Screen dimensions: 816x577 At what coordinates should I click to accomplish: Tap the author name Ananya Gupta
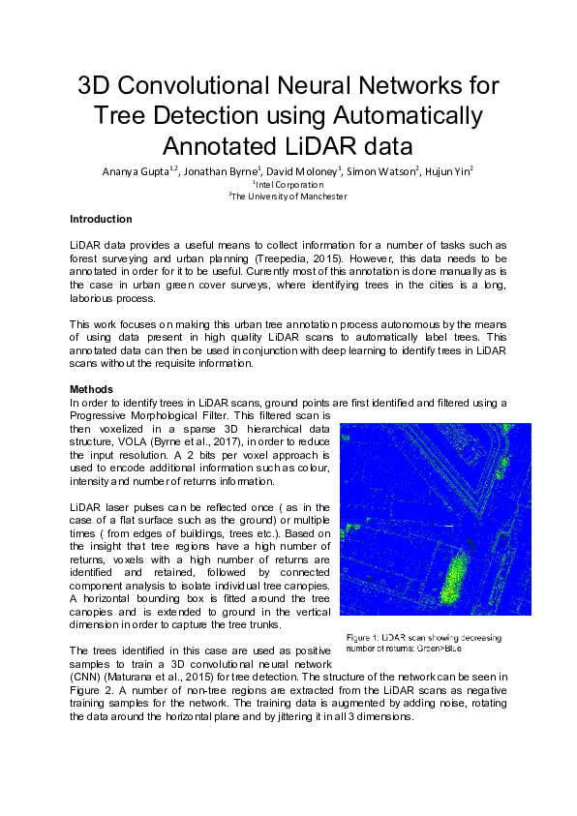coord(137,170)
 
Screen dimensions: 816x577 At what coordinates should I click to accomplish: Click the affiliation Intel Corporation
coord(289,183)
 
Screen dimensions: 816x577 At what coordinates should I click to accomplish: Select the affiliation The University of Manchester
coord(288,196)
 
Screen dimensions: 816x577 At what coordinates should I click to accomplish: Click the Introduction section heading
coord(101,220)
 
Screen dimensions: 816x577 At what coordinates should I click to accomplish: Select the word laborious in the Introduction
coord(94,300)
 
